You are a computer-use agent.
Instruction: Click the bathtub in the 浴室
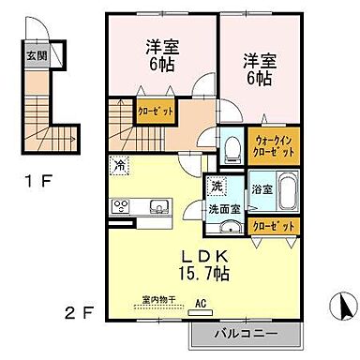pyautogui.click(x=288, y=193)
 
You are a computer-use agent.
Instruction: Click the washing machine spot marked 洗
pyautogui.click(x=216, y=186)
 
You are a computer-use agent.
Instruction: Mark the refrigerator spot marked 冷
pyautogui.click(x=120, y=165)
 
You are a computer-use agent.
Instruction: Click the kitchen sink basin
pyautogui.click(x=155, y=207)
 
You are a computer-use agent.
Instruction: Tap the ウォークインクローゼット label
pyautogui.click(x=273, y=148)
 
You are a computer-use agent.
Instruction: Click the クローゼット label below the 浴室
pyautogui.click(x=272, y=226)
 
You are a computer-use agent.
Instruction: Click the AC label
pyautogui.click(x=199, y=303)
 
